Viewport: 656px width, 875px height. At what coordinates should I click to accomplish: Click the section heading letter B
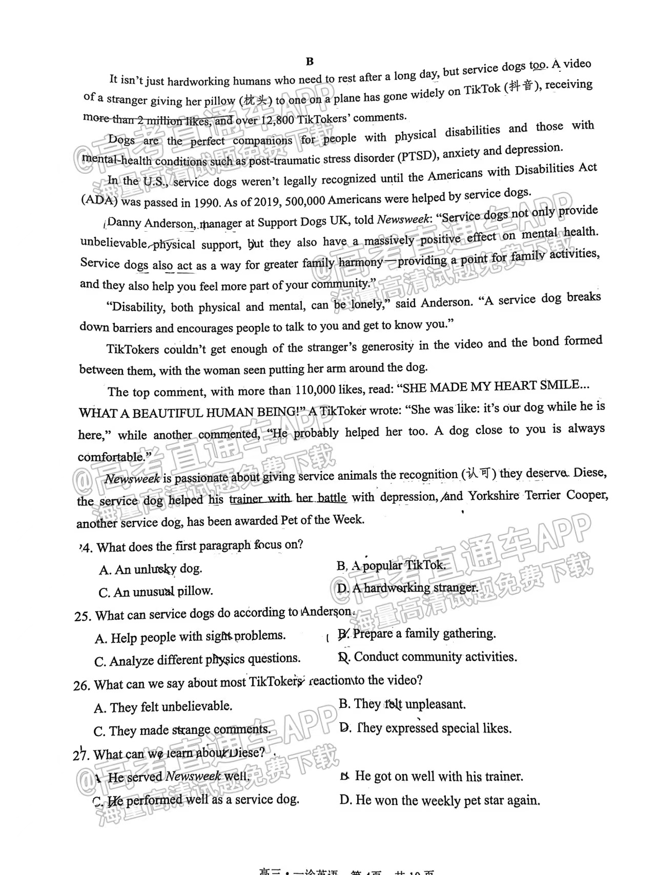(310, 62)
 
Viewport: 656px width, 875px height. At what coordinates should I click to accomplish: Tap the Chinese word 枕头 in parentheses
(255, 100)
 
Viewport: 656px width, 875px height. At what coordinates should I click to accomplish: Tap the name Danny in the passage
(124, 222)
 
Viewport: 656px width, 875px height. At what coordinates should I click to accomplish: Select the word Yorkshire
(495, 496)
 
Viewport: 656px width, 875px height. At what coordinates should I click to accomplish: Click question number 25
(82, 616)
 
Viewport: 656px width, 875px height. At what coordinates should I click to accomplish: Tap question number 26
(81, 685)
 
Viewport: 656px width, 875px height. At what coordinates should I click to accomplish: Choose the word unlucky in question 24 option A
(155, 569)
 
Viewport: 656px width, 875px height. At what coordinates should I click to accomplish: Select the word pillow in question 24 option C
(195, 591)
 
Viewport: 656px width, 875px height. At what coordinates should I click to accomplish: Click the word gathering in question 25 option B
(469, 634)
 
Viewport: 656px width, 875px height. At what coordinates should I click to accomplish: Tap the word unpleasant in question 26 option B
(436, 704)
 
